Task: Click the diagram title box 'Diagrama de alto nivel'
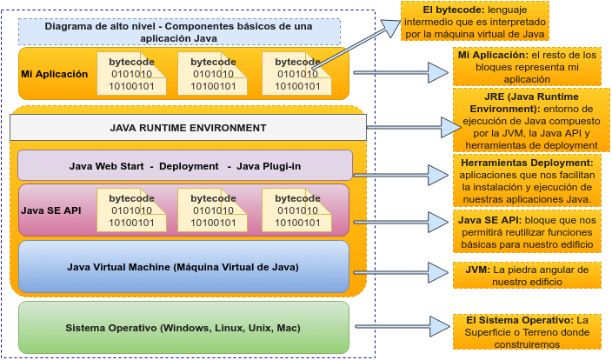(179, 31)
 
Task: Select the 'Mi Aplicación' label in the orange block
(55, 74)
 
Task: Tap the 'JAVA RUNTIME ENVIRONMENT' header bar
(188, 128)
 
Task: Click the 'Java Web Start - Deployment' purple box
(184, 165)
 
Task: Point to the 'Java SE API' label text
(50, 210)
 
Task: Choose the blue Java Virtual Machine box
(183, 266)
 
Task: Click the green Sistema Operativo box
(183, 328)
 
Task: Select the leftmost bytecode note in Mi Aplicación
(131, 74)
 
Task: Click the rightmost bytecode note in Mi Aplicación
(296, 74)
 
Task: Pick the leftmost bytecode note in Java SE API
(131, 210)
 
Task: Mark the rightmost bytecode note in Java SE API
(296, 210)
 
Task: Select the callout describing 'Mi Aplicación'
(527, 67)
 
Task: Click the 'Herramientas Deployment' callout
(527, 181)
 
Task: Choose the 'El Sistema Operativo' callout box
(527, 332)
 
